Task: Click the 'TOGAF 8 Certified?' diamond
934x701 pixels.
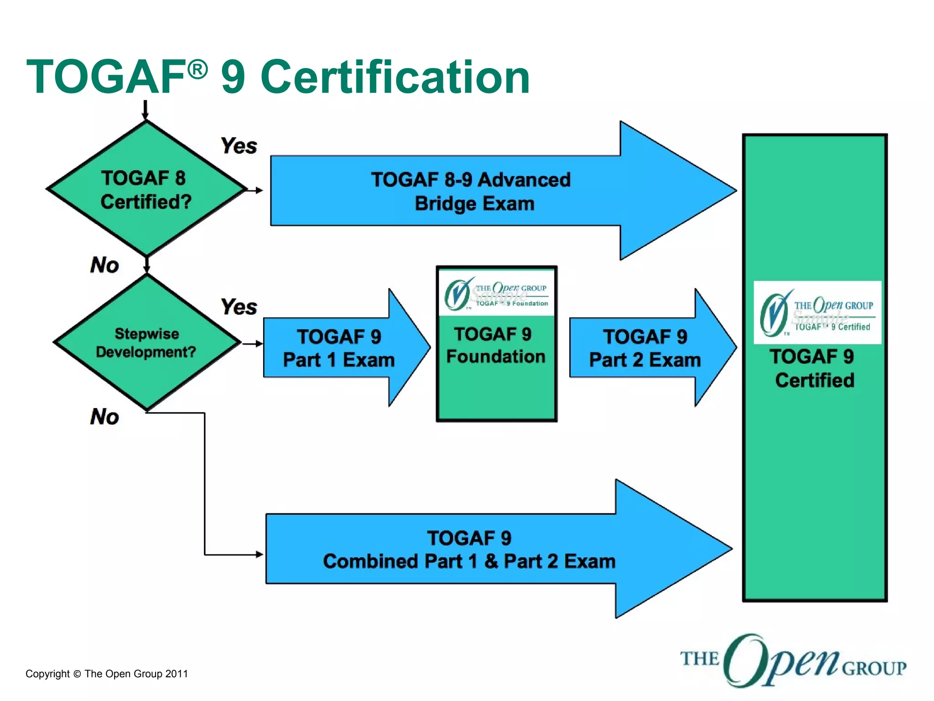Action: (146, 189)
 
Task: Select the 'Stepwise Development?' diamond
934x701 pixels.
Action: (146, 343)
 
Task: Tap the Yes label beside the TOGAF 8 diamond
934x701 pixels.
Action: (239, 146)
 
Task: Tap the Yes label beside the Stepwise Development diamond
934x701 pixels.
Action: (239, 307)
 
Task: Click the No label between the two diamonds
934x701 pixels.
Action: (104, 265)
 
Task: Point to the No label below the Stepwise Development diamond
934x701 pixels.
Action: (104, 417)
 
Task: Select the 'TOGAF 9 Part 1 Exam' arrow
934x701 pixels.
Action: (338, 348)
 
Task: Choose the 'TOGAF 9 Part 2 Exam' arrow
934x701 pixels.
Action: (644, 348)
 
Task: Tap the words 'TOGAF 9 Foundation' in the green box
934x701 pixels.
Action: (496, 345)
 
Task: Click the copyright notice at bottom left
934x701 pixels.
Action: (107, 674)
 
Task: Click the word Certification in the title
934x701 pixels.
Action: (395, 78)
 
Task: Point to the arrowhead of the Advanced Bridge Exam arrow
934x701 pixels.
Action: (675, 191)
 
